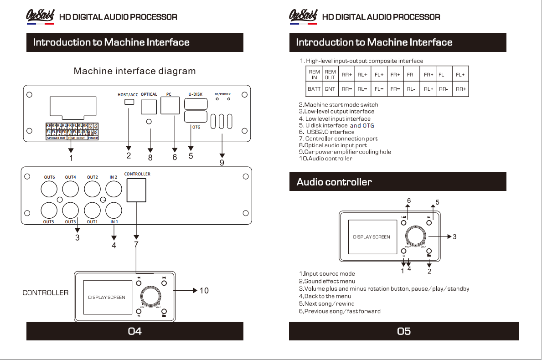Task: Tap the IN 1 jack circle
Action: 114,211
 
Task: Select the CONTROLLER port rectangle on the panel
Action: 136,190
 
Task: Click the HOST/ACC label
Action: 128,95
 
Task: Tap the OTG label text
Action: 196,127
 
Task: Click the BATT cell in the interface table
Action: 314,89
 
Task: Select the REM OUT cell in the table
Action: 330,75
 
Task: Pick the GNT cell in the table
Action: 330,89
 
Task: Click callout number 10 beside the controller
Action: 204,291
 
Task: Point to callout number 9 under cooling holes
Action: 222,163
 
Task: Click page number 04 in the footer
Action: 134,331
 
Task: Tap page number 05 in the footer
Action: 404,331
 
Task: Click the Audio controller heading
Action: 334,182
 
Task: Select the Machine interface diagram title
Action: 134,71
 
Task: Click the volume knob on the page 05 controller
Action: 416,237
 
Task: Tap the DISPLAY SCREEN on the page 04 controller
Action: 106,297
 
